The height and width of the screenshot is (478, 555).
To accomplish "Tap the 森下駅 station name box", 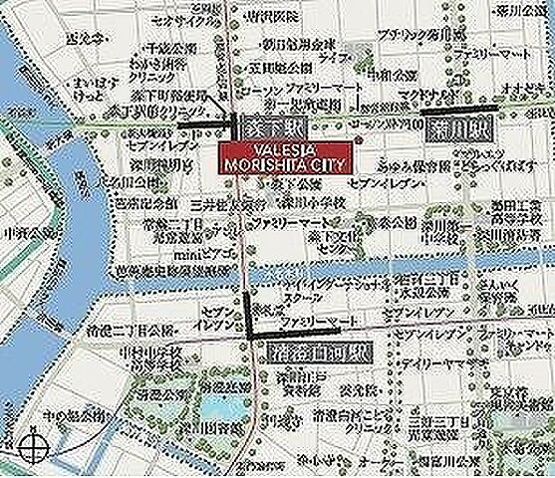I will [x=265, y=127].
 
